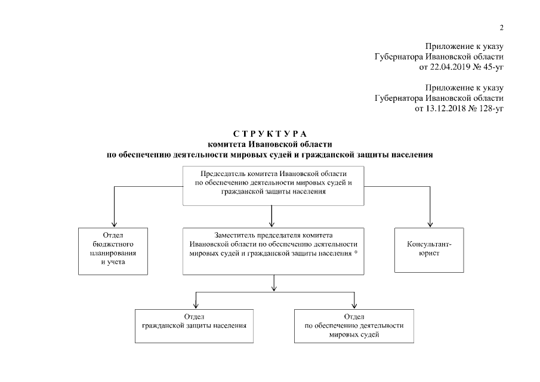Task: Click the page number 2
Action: click(x=502, y=27)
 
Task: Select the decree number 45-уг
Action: click(x=492, y=66)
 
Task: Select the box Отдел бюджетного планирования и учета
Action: click(x=113, y=250)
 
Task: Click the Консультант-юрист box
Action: click(x=428, y=250)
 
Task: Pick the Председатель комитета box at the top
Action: click(x=273, y=186)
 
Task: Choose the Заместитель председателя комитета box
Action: click(x=273, y=250)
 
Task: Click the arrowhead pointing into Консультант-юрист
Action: click(x=429, y=222)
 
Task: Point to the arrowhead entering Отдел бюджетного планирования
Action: click(x=113, y=222)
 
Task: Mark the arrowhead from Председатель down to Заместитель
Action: click(x=272, y=222)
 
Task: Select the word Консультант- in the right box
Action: click(x=428, y=244)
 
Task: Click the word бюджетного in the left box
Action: click(x=113, y=244)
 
